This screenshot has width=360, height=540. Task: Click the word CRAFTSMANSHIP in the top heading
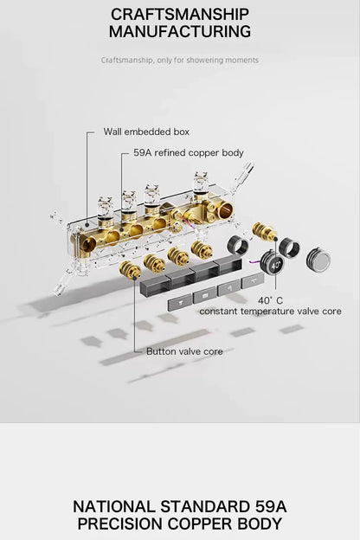coord(180,15)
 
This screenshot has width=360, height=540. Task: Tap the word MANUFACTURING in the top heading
coord(180,31)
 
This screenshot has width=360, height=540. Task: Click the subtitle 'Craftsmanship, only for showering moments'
coord(179,61)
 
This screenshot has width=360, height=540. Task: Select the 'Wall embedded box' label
coord(146,132)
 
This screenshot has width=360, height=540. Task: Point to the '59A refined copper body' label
coord(189,152)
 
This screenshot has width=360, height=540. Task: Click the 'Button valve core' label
coord(184,351)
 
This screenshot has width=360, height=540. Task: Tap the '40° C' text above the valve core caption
coord(270,300)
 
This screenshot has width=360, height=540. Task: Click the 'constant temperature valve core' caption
coord(270,312)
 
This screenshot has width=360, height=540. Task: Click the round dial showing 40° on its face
coord(272,264)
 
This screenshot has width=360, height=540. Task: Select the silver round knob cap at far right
coord(318,259)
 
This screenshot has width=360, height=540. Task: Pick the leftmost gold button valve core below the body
coord(130,270)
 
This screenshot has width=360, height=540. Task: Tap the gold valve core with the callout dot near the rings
coord(265,232)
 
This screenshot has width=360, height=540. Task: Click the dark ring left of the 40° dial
coord(238,245)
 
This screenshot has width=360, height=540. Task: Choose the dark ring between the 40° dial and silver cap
coord(289,247)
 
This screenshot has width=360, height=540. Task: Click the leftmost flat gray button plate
coord(180,303)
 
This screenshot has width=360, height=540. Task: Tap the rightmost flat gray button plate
coord(254,280)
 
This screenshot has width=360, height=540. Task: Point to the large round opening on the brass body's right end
coord(225,210)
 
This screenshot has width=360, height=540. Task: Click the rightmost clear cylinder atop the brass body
coord(201,183)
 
